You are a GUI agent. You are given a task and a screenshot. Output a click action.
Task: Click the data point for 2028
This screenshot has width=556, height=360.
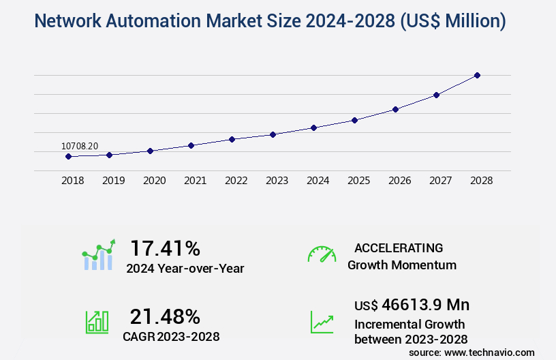coord(477,75)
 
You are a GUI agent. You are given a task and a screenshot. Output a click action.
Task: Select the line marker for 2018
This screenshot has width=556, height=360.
coord(68,156)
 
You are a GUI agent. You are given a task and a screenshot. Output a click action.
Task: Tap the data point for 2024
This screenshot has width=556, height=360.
coord(313,127)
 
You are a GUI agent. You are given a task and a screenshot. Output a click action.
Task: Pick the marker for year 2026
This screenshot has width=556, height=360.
coord(395,109)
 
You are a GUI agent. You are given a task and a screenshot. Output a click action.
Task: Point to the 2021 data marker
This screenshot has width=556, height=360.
coord(191,145)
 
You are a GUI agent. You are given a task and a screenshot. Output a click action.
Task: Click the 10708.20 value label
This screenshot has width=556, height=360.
coord(80,146)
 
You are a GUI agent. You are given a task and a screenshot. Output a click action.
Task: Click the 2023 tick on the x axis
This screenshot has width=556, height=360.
coord(277,181)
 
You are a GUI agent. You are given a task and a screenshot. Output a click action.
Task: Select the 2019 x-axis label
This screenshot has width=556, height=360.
coord(113,181)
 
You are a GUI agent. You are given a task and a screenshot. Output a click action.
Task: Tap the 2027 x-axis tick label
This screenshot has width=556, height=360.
coord(440,181)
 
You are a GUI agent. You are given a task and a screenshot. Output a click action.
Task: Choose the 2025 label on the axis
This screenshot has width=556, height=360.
coord(358,181)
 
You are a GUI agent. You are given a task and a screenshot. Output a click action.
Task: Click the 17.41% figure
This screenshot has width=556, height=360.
coord(166,247)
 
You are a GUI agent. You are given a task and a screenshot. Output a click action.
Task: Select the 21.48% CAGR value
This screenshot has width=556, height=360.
coord(166,316)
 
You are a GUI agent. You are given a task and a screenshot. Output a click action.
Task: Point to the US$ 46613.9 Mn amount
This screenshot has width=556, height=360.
coord(412,304)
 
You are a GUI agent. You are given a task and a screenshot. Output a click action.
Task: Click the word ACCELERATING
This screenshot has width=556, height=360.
coord(399,248)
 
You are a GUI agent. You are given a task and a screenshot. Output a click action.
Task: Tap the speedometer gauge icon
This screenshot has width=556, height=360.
coord(322,254)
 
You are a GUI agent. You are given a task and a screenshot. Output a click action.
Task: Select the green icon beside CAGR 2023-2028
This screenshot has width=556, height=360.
coord(96,322)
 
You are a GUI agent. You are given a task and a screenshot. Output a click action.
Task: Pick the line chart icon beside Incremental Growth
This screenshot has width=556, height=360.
coord(322,322)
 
